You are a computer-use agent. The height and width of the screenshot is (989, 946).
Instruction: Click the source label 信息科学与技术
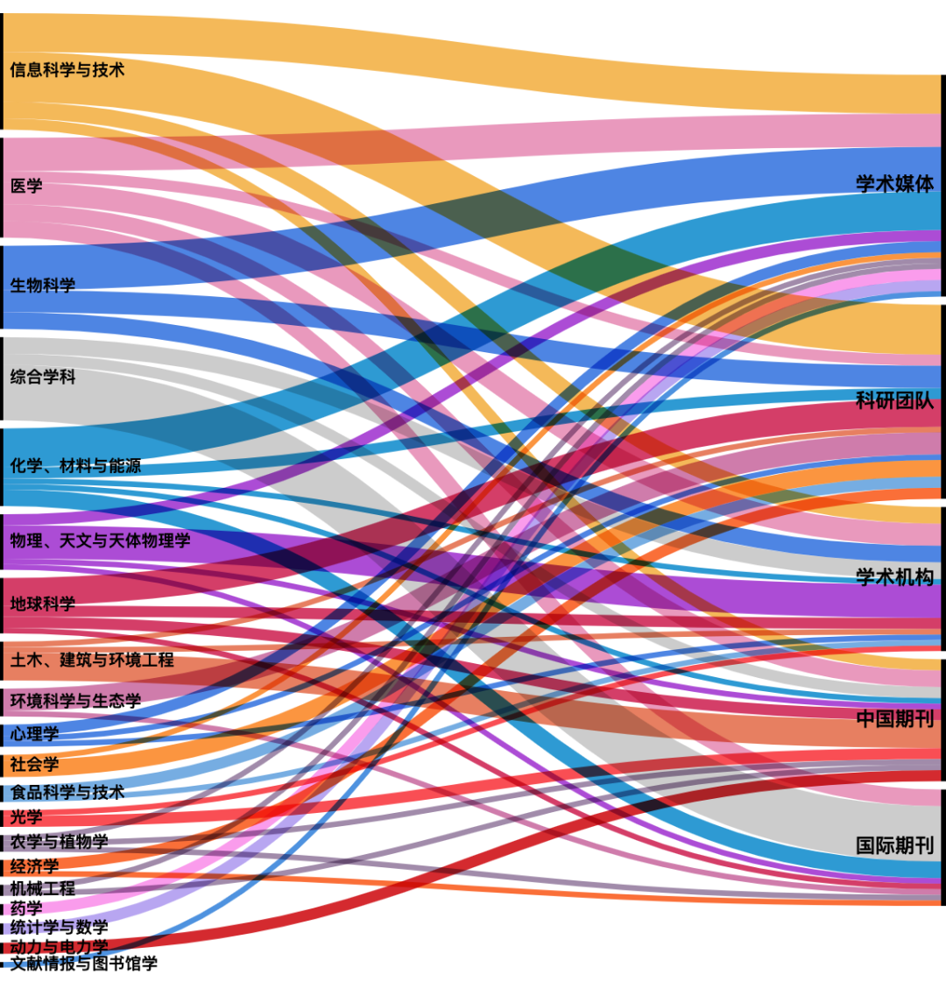pos(67,70)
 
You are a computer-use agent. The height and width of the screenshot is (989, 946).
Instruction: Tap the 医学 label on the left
pos(26,186)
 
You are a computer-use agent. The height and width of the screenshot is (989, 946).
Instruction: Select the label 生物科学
pos(43,285)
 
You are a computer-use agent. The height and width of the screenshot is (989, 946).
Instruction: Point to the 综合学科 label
pos(43,377)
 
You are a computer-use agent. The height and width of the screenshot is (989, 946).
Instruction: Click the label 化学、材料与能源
pos(75,466)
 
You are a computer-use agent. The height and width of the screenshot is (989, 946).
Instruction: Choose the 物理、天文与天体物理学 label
pos(100,540)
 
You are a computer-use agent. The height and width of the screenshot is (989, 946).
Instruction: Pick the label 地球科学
pos(43,604)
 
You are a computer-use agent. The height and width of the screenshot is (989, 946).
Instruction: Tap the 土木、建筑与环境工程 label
pos(92,660)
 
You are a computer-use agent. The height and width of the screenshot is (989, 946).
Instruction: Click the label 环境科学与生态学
pos(75,701)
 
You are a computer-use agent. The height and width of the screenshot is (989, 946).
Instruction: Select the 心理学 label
pos(34,733)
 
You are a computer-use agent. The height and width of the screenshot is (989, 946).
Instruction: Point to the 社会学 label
pos(34,764)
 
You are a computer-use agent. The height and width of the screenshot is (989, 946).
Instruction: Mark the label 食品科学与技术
pos(67,792)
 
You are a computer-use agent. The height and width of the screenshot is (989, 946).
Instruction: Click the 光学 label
pos(26,817)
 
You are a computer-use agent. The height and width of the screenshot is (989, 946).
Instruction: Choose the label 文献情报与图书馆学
pos(84,964)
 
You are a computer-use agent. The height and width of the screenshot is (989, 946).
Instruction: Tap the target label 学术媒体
pos(895,184)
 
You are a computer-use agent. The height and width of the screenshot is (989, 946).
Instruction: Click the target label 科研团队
pos(895,400)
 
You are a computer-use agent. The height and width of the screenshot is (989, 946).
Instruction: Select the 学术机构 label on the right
pos(895,577)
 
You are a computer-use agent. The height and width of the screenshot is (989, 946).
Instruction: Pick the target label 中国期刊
pos(895,718)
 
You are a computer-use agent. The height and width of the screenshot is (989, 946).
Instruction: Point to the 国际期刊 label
pos(895,845)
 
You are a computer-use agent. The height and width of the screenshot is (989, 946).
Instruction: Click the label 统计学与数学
pos(60,927)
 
